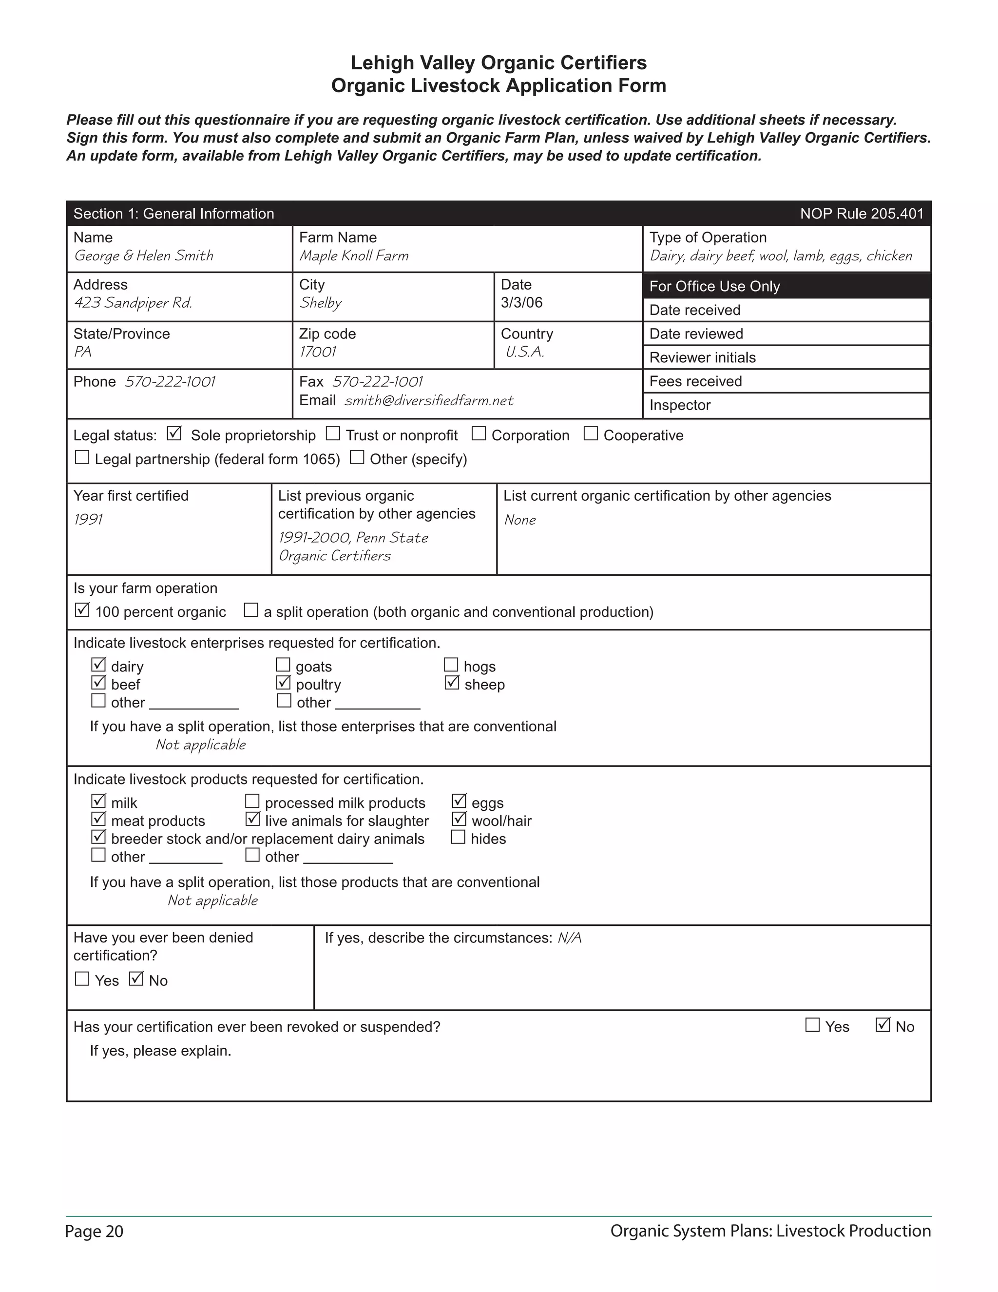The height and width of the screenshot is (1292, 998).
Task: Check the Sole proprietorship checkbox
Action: [x=174, y=433]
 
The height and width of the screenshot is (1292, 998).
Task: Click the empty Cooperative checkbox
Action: [x=590, y=433]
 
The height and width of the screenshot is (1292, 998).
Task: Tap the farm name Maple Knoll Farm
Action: [x=354, y=255]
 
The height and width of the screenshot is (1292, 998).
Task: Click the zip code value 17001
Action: [x=318, y=352]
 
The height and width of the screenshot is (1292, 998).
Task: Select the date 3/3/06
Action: [x=521, y=303]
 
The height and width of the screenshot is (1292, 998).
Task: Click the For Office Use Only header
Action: [x=714, y=286]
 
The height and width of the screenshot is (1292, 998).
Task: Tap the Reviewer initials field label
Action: [x=702, y=358]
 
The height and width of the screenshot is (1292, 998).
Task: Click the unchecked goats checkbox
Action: [x=283, y=665]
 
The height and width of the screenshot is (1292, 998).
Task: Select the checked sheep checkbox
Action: [x=452, y=683]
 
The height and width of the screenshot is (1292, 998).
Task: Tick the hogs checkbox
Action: [x=451, y=665]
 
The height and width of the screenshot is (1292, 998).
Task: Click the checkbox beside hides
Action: [x=458, y=837]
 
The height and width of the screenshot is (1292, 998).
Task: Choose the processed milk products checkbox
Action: [x=252, y=801]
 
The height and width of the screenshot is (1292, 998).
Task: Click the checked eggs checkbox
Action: [x=459, y=801]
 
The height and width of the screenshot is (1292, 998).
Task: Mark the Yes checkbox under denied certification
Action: [x=82, y=979]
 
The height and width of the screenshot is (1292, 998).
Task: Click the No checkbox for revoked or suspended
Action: [x=883, y=1025]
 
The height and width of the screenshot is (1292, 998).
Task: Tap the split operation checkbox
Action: [x=251, y=610]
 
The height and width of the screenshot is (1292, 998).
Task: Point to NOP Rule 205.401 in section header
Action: [x=862, y=214]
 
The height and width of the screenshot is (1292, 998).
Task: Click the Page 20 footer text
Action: [x=95, y=1231]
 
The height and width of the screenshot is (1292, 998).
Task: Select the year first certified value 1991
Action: [x=88, y=519]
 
